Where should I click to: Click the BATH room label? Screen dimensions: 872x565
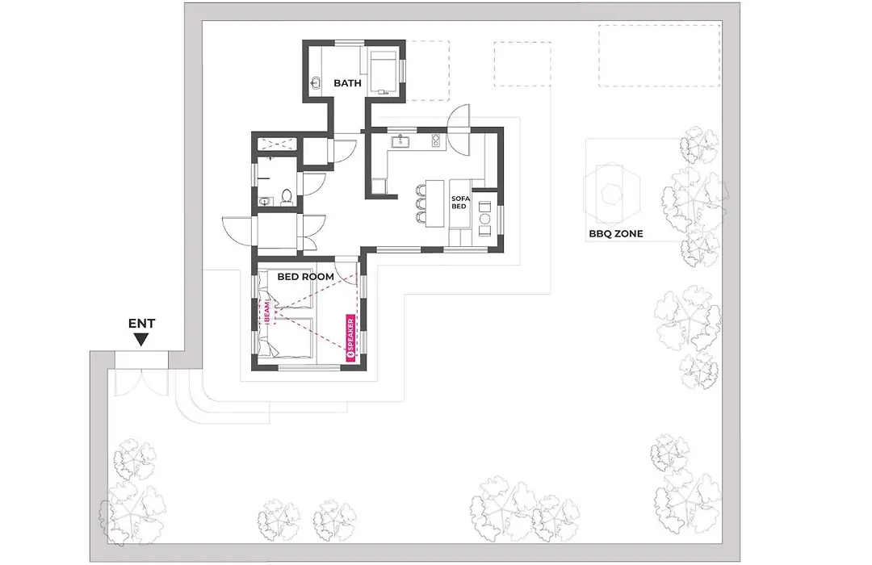point(347,83)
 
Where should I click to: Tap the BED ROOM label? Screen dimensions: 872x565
point(306,276)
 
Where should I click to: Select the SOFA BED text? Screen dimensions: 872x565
point(460,203)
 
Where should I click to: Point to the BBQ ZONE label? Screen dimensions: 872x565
point(615,233)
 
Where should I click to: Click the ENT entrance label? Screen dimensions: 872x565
point(142,323)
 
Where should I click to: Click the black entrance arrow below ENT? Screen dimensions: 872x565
point(142,339)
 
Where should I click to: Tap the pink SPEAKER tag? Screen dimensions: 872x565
point(351,340)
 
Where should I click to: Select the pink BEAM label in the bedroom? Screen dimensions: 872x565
point(267,312)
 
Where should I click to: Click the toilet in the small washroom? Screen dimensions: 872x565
point(287,197)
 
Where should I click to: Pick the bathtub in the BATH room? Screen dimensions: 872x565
point(384,73)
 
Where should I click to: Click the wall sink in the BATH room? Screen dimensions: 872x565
point(316,83)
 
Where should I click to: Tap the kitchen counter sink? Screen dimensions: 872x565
point(400,140)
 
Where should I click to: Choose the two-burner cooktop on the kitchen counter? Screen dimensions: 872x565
point(437,140)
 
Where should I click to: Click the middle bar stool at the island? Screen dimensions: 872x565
point(421,203)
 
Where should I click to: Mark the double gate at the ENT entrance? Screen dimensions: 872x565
point(142,382)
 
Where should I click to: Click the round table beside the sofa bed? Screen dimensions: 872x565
point(485,207)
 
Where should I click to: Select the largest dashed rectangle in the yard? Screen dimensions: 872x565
point(659,55)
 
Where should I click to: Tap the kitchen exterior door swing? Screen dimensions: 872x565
point(460,131)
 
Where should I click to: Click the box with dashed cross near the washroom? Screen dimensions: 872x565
point(278,143)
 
